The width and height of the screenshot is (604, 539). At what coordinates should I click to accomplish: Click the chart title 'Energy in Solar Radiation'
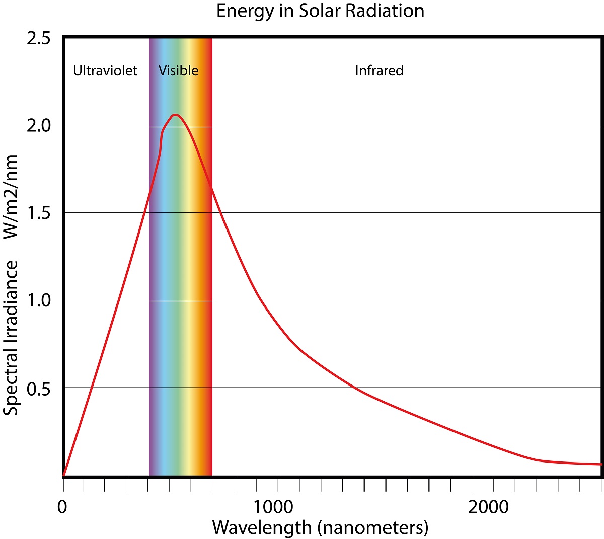(320, 11)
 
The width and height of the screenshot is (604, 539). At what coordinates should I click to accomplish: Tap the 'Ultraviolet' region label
(105, 70)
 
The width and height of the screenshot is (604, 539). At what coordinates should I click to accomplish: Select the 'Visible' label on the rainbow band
(178, 70)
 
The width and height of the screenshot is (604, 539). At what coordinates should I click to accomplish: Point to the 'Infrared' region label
(379, 70)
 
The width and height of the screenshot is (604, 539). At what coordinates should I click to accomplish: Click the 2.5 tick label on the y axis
(39, 39)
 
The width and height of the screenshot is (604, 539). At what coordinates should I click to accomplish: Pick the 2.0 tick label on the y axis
(39, 126)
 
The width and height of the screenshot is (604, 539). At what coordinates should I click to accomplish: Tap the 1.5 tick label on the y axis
(39, 213)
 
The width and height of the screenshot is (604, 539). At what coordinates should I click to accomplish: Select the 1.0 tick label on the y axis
(39, 301)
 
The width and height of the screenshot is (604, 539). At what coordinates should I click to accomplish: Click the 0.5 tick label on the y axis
(39, 389)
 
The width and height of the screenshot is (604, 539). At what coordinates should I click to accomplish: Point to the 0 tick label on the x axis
(62, 507)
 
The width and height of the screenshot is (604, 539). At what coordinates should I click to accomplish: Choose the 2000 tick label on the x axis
(488, 507)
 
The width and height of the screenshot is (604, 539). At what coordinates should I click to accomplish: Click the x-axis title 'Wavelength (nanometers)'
(320, 527)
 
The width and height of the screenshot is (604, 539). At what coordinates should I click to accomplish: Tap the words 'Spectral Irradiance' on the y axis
(11, 337)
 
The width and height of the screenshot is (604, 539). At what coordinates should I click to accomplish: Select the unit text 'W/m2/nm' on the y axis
(11, 196)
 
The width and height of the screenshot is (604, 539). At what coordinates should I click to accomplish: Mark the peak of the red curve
(175, 115)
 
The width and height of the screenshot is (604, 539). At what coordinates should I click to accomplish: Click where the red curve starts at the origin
(64, 475)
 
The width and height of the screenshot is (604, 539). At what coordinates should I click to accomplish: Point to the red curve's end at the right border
(600, 464)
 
